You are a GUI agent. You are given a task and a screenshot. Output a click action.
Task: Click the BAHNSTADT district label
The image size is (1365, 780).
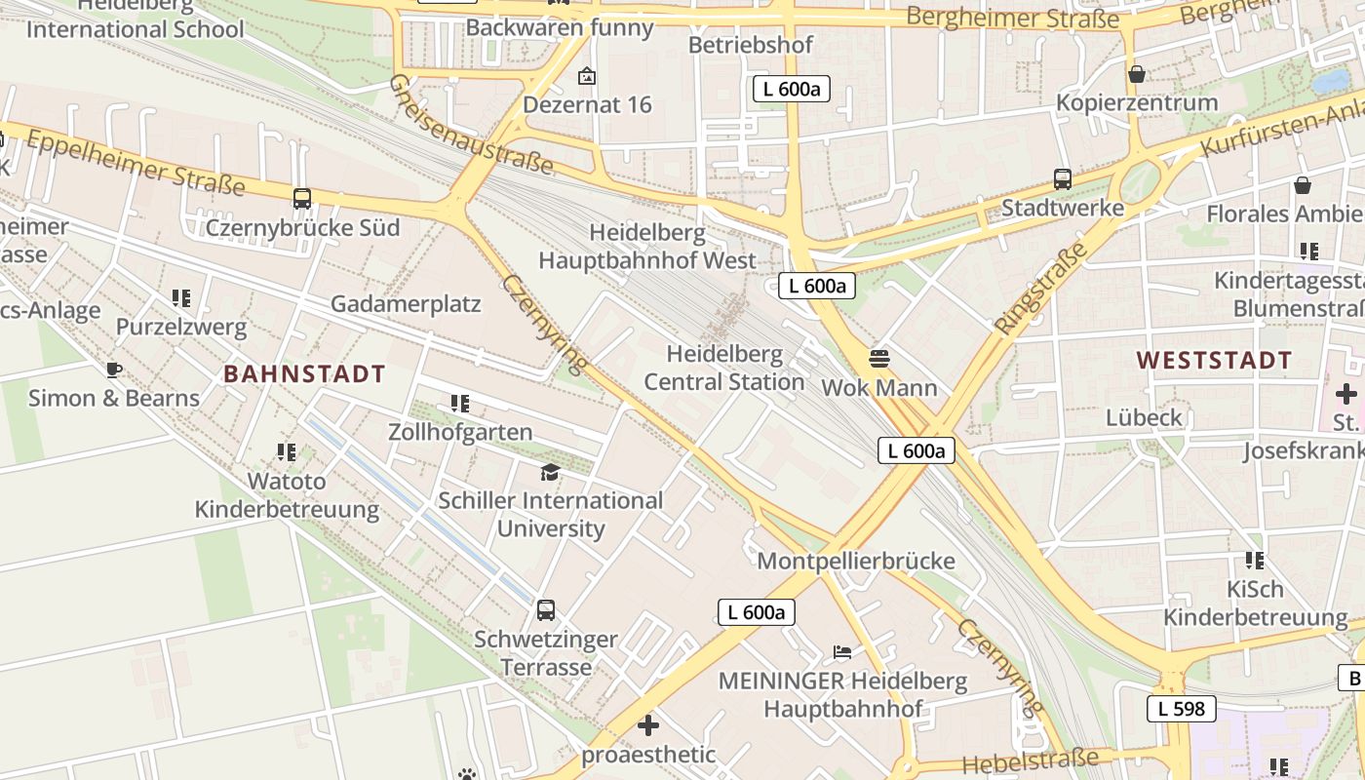click(305, 373)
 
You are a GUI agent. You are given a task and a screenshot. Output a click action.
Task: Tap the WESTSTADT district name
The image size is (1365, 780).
click(1214, 360)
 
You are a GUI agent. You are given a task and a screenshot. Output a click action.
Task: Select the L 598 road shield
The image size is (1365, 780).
click(1182, 709)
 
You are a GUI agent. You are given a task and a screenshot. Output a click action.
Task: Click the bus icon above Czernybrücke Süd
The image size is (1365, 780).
click(302, 199)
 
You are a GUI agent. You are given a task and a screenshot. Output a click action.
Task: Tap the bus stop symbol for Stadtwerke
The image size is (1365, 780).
click(1063, 179)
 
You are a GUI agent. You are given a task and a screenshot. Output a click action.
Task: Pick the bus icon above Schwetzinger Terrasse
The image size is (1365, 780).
click(546, 611)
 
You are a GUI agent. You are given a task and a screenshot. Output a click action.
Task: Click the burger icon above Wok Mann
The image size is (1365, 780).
click(879, 358)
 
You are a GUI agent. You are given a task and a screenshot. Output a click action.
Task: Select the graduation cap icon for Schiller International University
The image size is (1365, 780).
click(551, 472)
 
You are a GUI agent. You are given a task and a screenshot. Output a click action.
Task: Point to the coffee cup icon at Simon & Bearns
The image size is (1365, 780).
click(114, 370)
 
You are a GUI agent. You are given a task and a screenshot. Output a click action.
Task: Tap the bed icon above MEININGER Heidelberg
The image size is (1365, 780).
click(842, 651)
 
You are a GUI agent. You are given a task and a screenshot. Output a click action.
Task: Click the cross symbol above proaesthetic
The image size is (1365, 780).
click(648, 725)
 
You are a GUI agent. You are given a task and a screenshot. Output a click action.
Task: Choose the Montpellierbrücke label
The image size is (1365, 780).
click(856, 562)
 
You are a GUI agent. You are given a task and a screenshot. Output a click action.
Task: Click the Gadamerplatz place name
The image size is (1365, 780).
click(406, 304)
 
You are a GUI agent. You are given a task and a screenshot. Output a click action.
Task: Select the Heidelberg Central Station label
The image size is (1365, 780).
click(724, 368)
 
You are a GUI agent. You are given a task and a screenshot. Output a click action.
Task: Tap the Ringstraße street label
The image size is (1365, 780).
click(1041, 289)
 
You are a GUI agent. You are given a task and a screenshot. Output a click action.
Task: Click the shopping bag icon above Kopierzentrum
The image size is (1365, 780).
click(1137, 74)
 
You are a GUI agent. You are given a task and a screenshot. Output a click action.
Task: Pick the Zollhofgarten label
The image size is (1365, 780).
click(460, 432)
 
